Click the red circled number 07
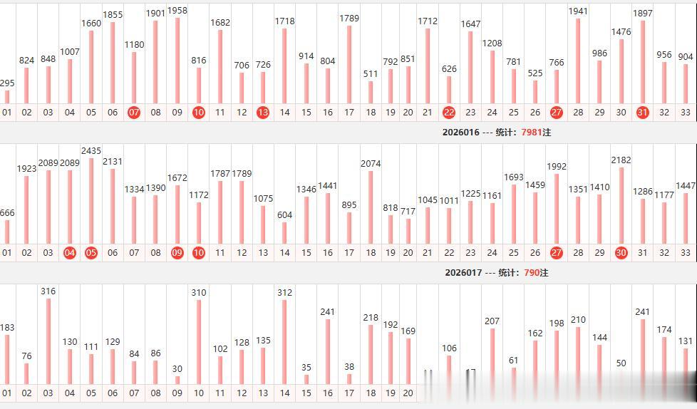tap(134, 112)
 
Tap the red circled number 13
tap(263, 112)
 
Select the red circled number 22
tap(449, 112)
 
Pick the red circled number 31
tap(643, 112)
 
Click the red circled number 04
tap(70, 252)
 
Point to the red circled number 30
tap(621, 252)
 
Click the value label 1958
tap(177, 11)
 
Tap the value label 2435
tap(91, 151)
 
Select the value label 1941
tap(578, 11)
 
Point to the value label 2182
tap(621, 160)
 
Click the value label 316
tap(48, 291)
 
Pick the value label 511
tap(371, 73)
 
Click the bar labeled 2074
tap(371, 207)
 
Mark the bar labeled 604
tap(284, 233)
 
